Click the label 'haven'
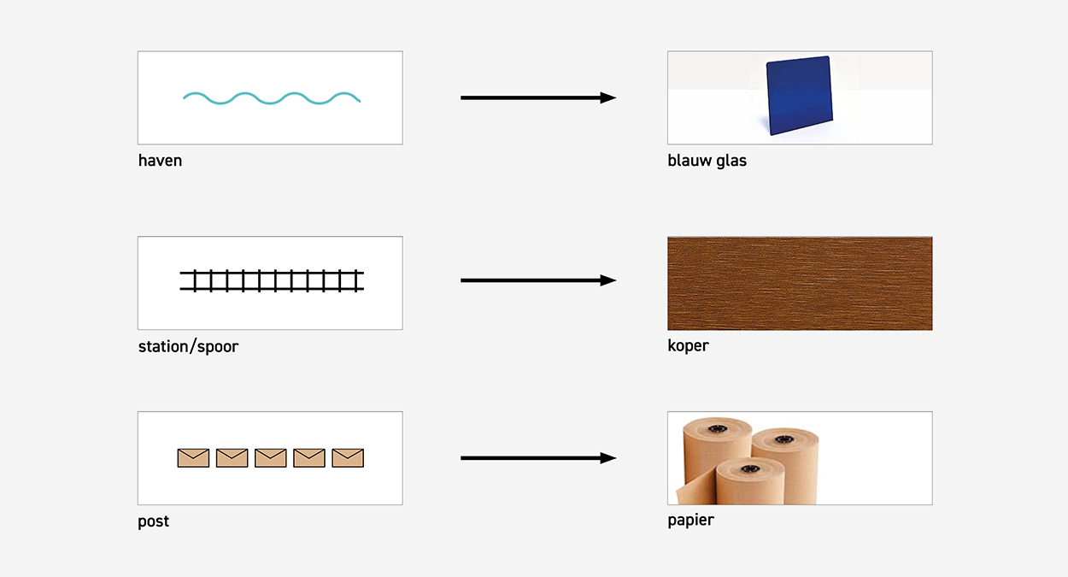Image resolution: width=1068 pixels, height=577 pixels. [x=160, y=161]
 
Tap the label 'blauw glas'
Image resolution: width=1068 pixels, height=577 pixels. [x=707, y=161]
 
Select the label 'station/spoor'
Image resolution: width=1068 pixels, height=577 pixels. [x=188, y=347]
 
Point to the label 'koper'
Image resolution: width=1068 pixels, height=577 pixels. [x=688, y=346]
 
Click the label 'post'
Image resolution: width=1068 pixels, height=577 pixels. [x=154, y=521]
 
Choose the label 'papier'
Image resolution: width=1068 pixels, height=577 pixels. [x=690, y=520]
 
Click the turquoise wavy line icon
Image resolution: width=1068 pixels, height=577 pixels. [x=272, y=97]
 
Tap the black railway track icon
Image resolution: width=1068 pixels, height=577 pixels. [x=272, y=281]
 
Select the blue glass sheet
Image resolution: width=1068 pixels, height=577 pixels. [x=798, y=95]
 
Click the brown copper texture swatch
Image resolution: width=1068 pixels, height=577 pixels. [x=800, y=283]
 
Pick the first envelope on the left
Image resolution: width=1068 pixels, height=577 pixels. [x=193, y=458]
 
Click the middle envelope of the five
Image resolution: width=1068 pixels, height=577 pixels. [x=271, y=458]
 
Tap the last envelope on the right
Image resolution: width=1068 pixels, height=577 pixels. [x=348, y=458]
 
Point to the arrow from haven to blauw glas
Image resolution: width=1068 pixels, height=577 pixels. [x=538, y=97]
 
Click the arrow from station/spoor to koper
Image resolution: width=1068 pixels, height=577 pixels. [x=538, y=280]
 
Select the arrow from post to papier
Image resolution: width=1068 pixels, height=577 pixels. [x=538, y=458]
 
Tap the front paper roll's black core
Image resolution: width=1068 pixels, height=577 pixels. [x=749, y=468]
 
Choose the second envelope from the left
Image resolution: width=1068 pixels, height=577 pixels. [x=232, y=458]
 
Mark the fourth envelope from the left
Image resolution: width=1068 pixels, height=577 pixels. [x=309, y=458]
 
